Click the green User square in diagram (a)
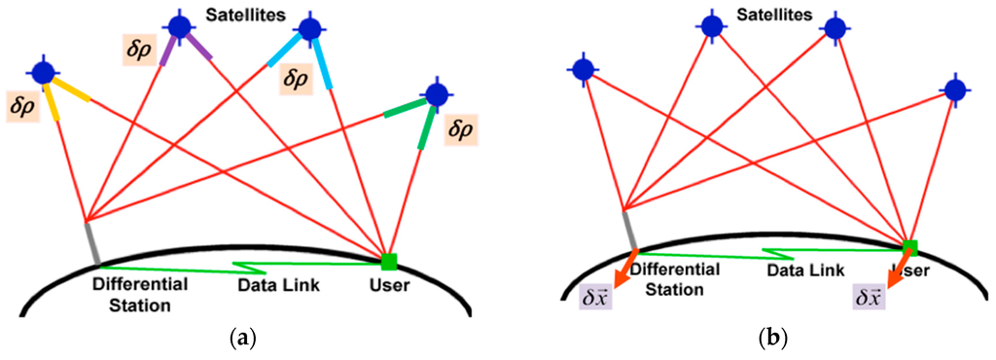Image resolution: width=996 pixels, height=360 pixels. pyautogui.click(x=389, y=261)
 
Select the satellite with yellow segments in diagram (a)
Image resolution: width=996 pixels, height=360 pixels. pyautogui.click(x=42, y=72)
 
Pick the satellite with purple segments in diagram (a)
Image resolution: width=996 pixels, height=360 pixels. pyautogui.click(x=180, y=26)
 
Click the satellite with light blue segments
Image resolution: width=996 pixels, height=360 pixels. pyautogui.click(x=311, y=28)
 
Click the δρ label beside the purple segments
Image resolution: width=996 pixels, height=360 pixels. pyautogui.click(x=137, y=51)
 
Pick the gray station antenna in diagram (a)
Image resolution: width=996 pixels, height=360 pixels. pyautogui.click(x=92, y=242)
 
